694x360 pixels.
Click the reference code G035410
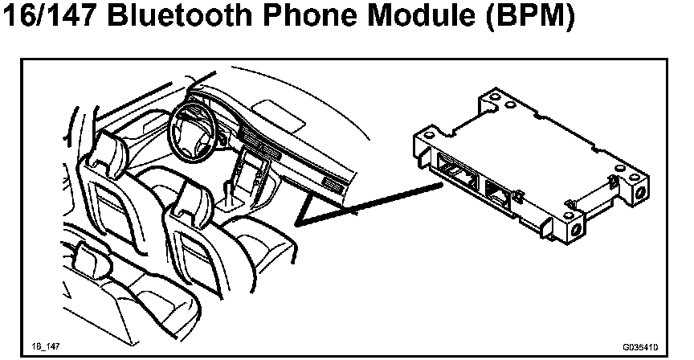(x=639, y=347)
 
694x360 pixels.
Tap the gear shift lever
(x=231, y=191)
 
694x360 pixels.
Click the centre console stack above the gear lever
(x=255, y=165)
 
